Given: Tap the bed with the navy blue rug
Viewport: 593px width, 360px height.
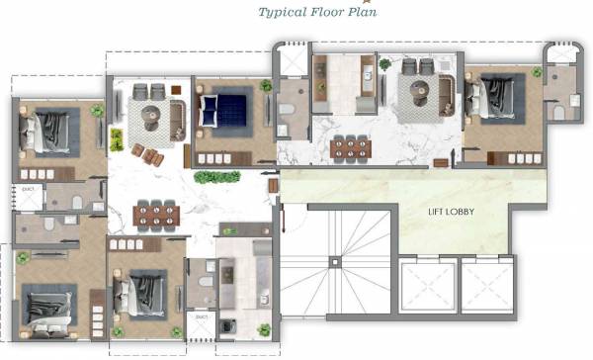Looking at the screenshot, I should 222,109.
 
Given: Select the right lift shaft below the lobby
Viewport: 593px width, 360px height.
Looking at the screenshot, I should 486,287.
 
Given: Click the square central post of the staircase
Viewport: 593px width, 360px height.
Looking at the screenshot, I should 335,261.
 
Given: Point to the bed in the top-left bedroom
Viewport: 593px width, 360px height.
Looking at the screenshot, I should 50,131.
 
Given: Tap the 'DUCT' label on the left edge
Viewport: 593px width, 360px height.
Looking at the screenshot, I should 29,188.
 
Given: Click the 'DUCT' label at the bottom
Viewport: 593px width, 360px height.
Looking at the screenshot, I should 202,316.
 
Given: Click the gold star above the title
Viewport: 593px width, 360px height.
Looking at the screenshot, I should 318,2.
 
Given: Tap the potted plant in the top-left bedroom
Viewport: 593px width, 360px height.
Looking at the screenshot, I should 97,111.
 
